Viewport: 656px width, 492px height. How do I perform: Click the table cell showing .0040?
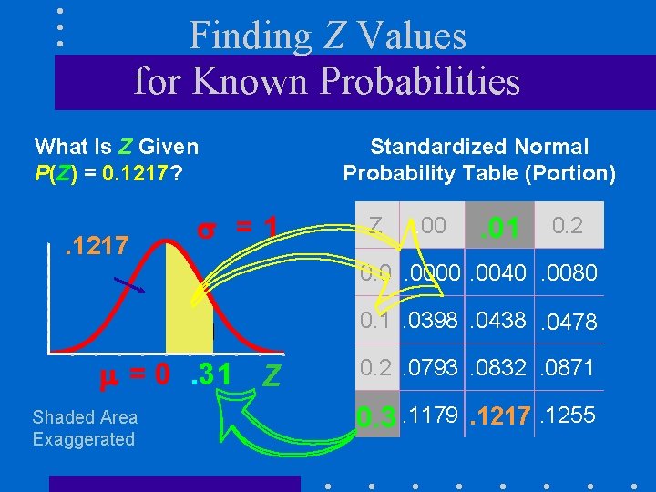click(499, 273)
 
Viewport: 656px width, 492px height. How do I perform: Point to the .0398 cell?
click(429, 321)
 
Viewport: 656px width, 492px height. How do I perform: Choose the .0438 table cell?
click(499, 321)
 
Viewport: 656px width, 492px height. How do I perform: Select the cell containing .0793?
click(429, 368)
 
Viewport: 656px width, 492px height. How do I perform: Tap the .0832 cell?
click(499, 368)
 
